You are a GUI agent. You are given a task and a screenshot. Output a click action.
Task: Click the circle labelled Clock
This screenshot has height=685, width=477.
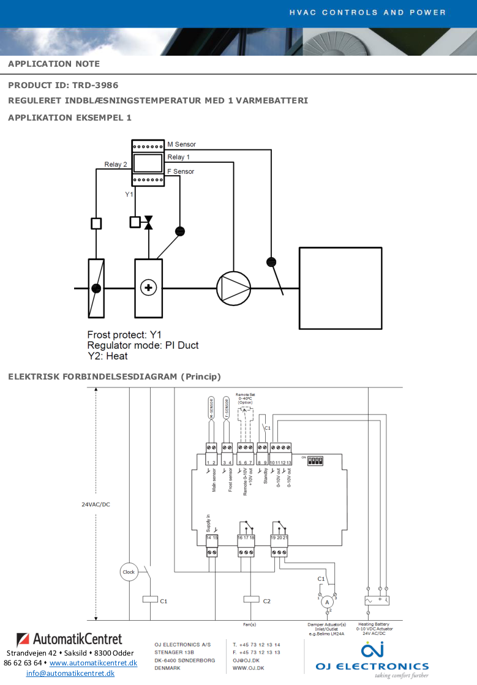coord(129,572)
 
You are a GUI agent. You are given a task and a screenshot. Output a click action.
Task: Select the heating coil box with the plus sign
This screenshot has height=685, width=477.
coord(148,288)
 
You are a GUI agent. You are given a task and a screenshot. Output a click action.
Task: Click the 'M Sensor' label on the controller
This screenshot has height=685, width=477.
coord(181,144)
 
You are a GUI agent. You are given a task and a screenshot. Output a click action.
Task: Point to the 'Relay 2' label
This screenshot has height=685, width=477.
coord(116,164)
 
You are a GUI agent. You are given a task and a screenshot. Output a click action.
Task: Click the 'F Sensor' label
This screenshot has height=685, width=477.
coord(181,171)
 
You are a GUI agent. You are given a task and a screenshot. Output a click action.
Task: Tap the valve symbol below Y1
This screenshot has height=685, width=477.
coord(148,222)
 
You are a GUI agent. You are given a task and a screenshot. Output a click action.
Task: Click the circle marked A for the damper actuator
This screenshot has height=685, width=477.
coord(327,602)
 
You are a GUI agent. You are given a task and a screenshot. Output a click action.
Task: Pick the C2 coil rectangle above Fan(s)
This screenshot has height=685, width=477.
coord(252,600)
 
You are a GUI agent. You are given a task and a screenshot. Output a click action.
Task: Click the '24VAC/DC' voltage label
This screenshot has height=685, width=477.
coord(96,505)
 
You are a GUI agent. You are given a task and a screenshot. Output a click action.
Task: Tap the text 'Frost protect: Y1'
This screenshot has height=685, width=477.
coord(124,335)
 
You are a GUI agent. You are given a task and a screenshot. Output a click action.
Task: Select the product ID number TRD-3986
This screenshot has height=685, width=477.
coord(96,85)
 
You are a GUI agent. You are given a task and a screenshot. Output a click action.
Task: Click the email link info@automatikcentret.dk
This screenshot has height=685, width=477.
coord(70,673)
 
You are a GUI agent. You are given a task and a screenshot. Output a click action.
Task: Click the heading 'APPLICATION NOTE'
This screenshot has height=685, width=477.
coord(54,64)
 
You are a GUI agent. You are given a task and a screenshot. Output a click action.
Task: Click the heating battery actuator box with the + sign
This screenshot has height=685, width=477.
coord(377,601)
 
